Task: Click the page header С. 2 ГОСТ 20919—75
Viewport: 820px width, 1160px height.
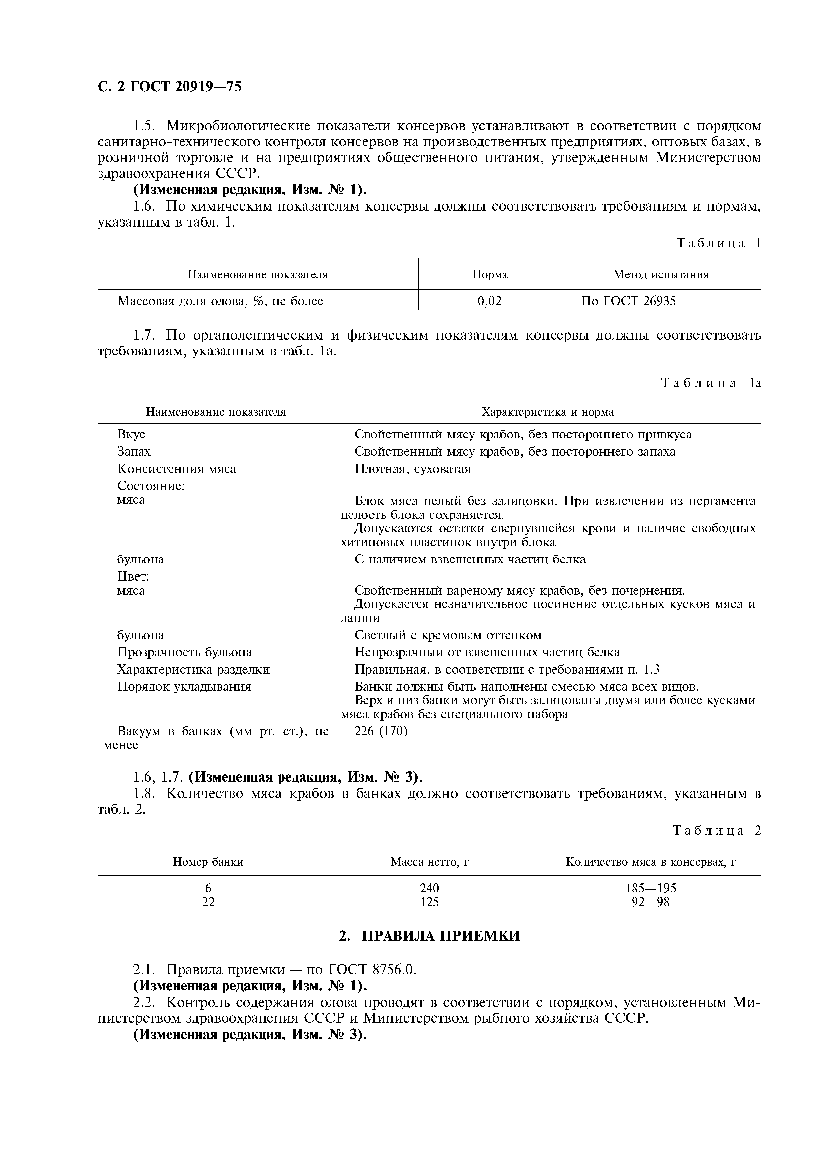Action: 169,87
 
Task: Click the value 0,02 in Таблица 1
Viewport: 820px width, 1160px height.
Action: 489,301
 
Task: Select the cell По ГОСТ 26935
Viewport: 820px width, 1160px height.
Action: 628,301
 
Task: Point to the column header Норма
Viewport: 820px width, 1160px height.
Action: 489,275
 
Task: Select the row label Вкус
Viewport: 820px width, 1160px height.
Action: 131,435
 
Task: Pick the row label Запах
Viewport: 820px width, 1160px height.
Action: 134,452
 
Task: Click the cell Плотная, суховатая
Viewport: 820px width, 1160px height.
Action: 412,469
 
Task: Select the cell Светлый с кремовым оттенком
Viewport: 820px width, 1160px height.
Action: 448,635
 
